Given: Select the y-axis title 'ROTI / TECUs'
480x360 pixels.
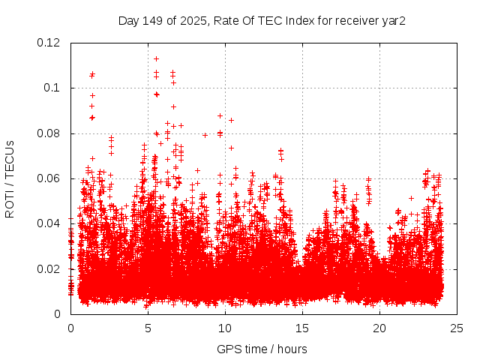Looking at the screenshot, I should [x=10, y=178].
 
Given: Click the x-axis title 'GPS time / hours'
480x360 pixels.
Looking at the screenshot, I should [x=262, y=349].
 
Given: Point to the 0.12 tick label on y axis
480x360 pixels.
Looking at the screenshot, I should [x=50, y=43].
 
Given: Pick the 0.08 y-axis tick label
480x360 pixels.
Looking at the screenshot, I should [x=50, y=133].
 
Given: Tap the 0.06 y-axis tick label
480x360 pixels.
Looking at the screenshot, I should [x=50, y=178].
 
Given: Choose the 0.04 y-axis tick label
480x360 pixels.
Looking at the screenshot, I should [x=50, y=223].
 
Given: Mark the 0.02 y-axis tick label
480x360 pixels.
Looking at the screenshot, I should [x=50, y=269].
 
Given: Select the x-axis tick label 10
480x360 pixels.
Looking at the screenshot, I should [x=225, y=328].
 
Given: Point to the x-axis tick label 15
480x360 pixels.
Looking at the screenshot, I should [x=302, y=328].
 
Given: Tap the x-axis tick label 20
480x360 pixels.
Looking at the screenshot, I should [x=379, y=328].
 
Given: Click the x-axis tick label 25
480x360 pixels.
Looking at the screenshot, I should [x=457, y=328].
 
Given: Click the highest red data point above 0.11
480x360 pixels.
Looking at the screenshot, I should [x=156, y=58].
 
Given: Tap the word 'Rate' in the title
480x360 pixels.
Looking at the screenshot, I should [x=226, y=20].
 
